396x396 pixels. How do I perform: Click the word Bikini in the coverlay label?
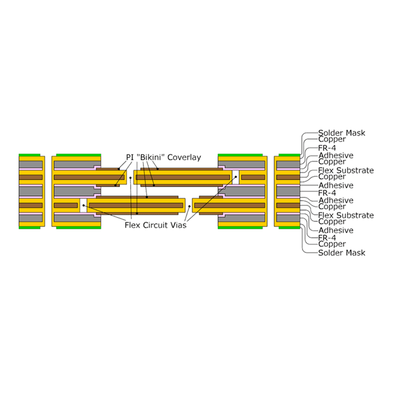tap(151, 157)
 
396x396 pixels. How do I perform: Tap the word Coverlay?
tap(184, 157)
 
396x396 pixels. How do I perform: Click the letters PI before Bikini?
tap(130, 157)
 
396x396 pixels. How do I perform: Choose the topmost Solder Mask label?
tap(342, 133)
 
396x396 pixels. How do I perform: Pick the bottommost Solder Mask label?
tap(342, 252)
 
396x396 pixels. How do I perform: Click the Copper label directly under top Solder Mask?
tap(332, 139)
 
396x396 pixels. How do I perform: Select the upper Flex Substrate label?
tap(346, 170)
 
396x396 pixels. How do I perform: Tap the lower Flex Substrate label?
tap(346, 215)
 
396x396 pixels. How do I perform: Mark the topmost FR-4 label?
tap(327, 147)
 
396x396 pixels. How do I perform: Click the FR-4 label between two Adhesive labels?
tap(327, 193)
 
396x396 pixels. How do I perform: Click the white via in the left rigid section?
tap(83, 205)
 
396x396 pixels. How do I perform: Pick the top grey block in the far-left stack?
tap(31, 165)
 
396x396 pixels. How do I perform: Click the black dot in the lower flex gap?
tap(189, 205)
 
